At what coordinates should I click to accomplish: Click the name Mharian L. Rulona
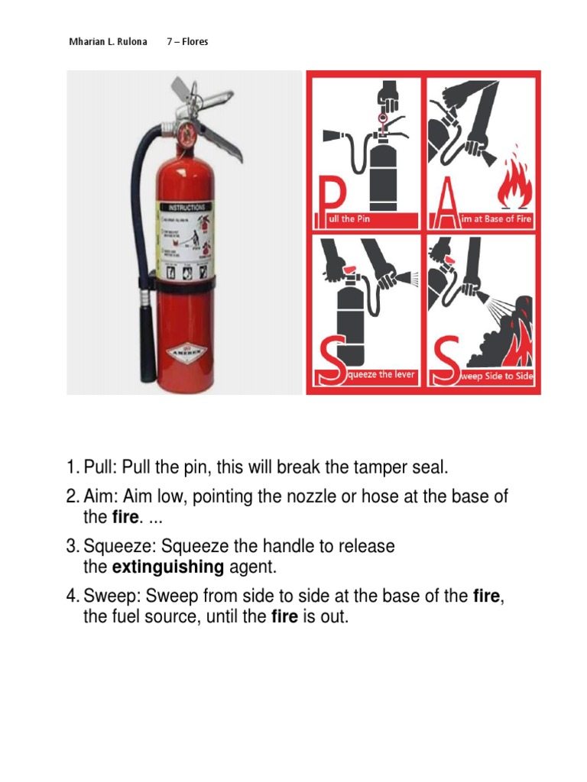coord(108,41)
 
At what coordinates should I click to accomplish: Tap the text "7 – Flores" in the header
coord(187,41)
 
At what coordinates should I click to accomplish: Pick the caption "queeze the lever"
coord(381,375)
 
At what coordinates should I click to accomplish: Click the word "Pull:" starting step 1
coord(100,467)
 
